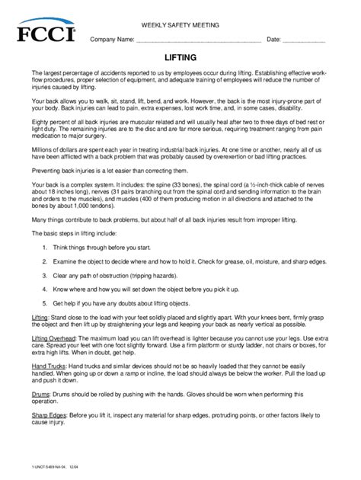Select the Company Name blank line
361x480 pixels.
199,40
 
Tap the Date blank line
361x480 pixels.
304,40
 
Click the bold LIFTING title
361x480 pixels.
180,57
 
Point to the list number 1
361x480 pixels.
46,248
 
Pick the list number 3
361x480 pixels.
46,274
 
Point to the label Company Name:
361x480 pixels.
113,40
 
